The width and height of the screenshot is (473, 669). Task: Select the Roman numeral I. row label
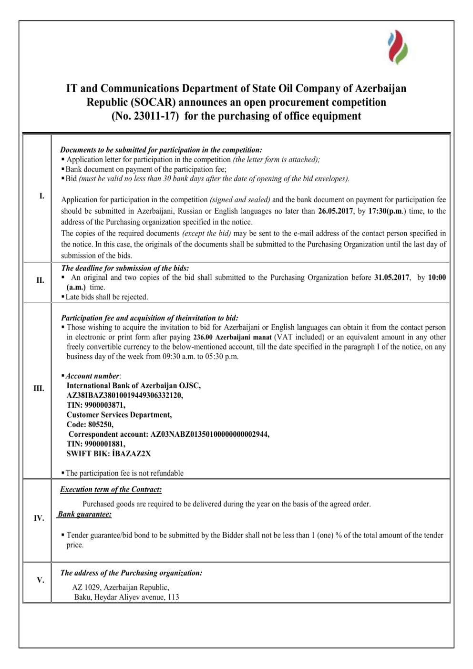[x=41, y=196]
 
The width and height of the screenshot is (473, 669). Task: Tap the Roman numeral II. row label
[x=40, y=280]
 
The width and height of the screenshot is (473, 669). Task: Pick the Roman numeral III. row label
[x=39, y=389]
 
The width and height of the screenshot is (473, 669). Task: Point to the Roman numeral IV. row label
[x=39, y=518]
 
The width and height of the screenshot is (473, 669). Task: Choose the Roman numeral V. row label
[x=40, y=580]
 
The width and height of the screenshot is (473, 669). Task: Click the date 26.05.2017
[x=335, y=211]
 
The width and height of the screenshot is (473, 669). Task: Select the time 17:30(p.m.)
[x=386, y=211]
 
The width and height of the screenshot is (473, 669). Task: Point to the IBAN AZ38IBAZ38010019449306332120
[x=124, y=395]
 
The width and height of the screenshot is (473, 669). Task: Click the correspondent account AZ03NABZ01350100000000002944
[x=209, y=434]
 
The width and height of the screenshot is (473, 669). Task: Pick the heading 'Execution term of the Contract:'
[x=111, y=490]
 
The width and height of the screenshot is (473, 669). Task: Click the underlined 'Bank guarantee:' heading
[x=85, y=515]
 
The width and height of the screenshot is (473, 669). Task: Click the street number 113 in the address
[x=173, y=597]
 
